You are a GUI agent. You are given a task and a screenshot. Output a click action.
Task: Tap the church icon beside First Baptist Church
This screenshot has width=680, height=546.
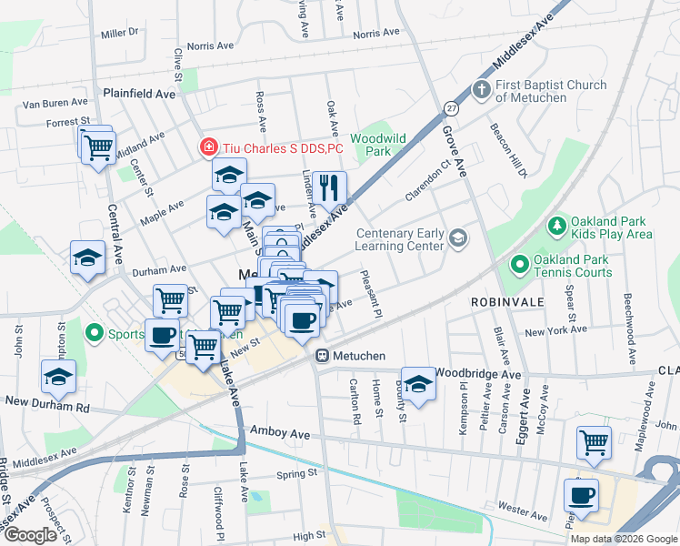pos(481,91)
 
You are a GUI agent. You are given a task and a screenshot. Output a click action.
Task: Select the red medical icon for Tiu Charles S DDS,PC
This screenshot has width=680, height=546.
pos(208,147)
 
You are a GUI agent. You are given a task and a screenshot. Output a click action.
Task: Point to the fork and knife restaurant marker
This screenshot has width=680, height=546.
pos(329,188)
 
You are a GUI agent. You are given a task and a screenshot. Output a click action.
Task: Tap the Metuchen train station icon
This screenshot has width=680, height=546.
pos(322,356)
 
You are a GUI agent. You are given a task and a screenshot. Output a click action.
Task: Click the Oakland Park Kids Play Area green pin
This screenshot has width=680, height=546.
pos(555,225)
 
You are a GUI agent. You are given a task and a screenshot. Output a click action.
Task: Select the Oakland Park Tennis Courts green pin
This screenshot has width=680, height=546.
pos(519,265)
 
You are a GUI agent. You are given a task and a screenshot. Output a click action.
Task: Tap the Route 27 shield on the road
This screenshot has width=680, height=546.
pos(451,108)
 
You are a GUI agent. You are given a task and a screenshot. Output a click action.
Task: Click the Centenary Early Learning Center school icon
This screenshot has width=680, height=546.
pos(458,238)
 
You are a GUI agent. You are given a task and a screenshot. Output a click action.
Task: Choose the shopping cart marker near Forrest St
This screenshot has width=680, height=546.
pos(97,146)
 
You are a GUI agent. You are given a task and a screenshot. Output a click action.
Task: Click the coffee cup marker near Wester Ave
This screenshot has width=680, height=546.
pos(581,496)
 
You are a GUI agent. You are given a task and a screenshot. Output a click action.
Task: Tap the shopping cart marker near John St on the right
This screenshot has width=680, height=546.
pos(594,442)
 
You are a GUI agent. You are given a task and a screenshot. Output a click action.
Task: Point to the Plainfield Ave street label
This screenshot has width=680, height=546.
pos(139,94)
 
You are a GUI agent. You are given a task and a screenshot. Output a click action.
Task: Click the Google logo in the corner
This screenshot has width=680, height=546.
pos(30,535)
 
